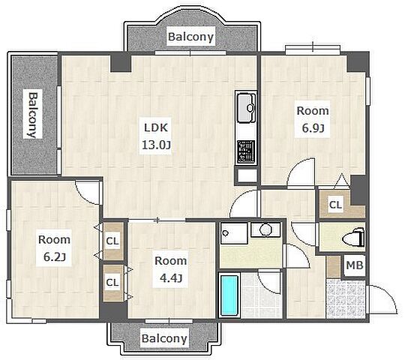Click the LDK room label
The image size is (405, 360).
pyautogui.click(x=156, y=127)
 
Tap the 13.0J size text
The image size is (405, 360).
pyautogui.click(x=156, y=145)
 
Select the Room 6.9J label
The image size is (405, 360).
pyautogui.click(x=313, y=119)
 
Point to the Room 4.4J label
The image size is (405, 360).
pyautogui.click(x=170, y=269)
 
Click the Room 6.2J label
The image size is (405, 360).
pyautogui.click(x=54, y=248)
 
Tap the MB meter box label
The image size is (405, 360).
pyautogui.click(x=355, y=265)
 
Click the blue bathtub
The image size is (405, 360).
pyautogui.click(x=229, y=295)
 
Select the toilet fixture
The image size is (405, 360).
pyautogui.click(x=353, y=237)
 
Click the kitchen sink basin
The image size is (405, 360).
pyautogui.click(x=246, y=108)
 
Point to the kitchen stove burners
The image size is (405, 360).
pyautogui.click(x=246, y=151)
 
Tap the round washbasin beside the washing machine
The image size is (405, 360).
pyautogui.click(x=265, y=229)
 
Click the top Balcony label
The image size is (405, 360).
pyautogui.click(x=191, y=37)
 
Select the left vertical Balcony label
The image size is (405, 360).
pyautogui.click(x=33, y=115)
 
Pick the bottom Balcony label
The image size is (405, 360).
pyautogui.click(x=164, y=338)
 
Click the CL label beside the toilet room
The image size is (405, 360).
pyautogui.click(x=335, y=205)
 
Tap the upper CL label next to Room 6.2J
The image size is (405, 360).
pyautogui.click(x=112, y=241)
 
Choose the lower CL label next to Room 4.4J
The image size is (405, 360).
pyautogui.click(x=112, y=282)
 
